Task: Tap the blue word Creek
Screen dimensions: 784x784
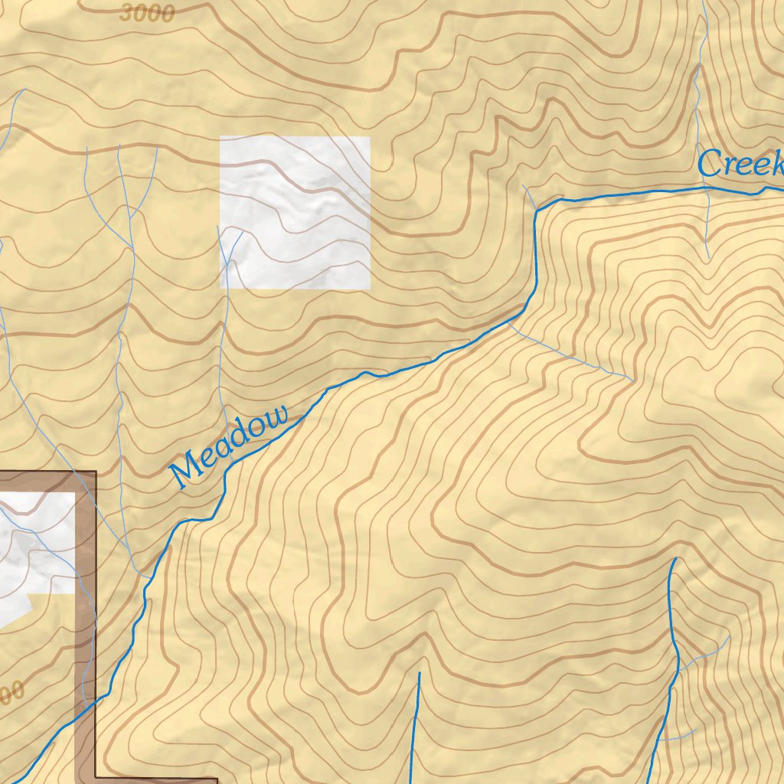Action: point(740,164)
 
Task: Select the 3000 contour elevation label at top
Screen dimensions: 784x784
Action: point(147,13)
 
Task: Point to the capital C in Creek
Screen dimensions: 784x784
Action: point(710,163)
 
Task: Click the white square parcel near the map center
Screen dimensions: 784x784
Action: point(295,212)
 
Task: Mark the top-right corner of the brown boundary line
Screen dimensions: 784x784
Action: point(96,472)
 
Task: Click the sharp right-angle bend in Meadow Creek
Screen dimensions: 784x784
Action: point(537,208)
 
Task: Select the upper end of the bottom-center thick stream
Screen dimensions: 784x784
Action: point(420,674)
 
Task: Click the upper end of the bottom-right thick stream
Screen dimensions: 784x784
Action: point(675,560)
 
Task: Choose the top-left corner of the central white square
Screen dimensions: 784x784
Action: point(220,137)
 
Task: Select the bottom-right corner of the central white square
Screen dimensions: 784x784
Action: point(370,289)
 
